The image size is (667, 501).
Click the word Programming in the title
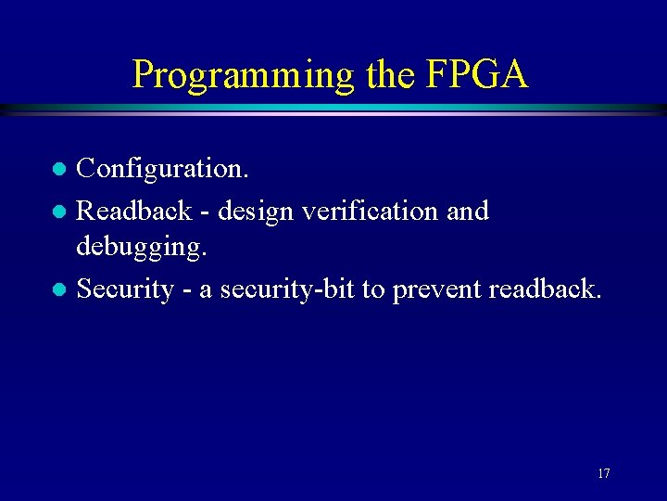coord(244,75)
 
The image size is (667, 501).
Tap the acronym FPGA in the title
coord(478,73)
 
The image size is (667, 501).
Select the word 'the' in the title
coord(388,73)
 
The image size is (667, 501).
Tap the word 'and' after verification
coord(468,211)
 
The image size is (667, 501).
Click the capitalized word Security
coord(125,289)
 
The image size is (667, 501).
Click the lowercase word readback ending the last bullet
coord(544,289)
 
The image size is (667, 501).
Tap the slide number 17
coord(603,474)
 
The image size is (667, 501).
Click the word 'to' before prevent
coord(372,289)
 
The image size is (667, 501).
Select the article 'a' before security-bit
coord(205,291)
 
